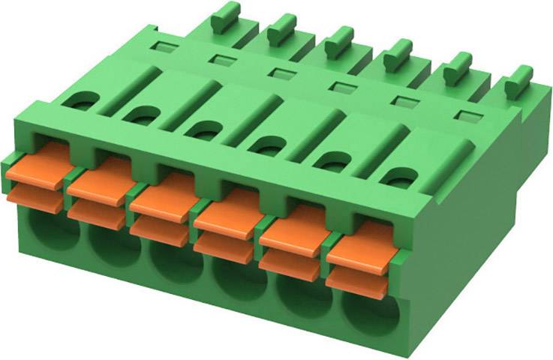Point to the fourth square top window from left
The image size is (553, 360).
(342, 87)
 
